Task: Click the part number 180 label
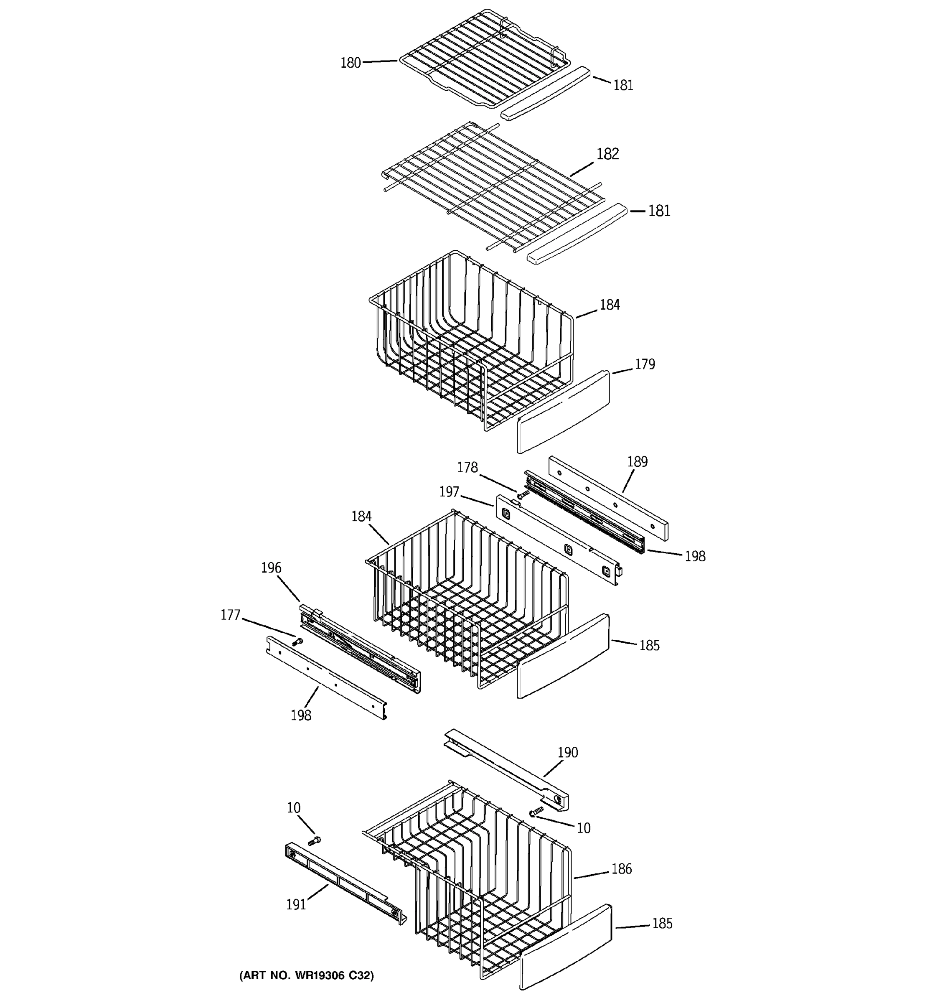(x=351, y=63)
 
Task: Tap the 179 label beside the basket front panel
(x=645, y=364)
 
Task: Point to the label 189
(x=637, y=462)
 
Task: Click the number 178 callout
(x=467, y=468)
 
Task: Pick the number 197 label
(x=449, y=492)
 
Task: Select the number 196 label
(x=271, y=568)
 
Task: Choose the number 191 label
(x=296, y=905)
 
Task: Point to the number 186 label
(x=621, y=869)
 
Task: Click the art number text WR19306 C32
(x=307, y=975)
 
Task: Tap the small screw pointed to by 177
(x=297, y=642)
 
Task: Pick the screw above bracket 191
(x=314, y=840)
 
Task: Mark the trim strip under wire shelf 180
(x=545, y=93)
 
